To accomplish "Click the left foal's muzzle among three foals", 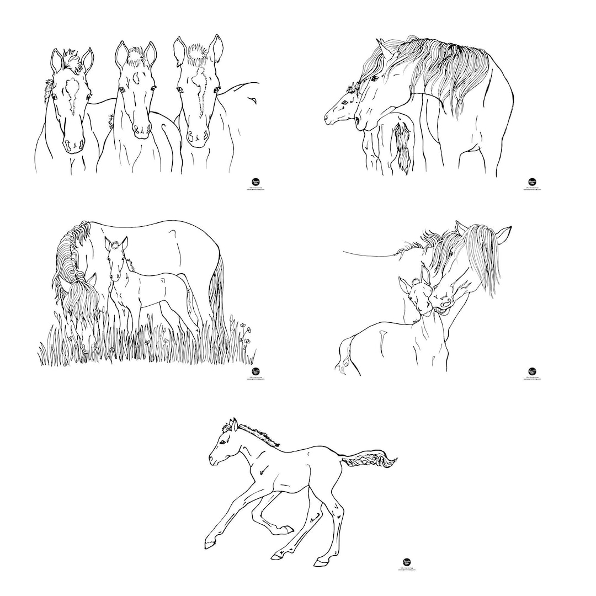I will coord(73,146).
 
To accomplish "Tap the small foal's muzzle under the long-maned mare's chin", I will coord(330,119).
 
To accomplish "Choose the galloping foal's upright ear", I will coord(234,424).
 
